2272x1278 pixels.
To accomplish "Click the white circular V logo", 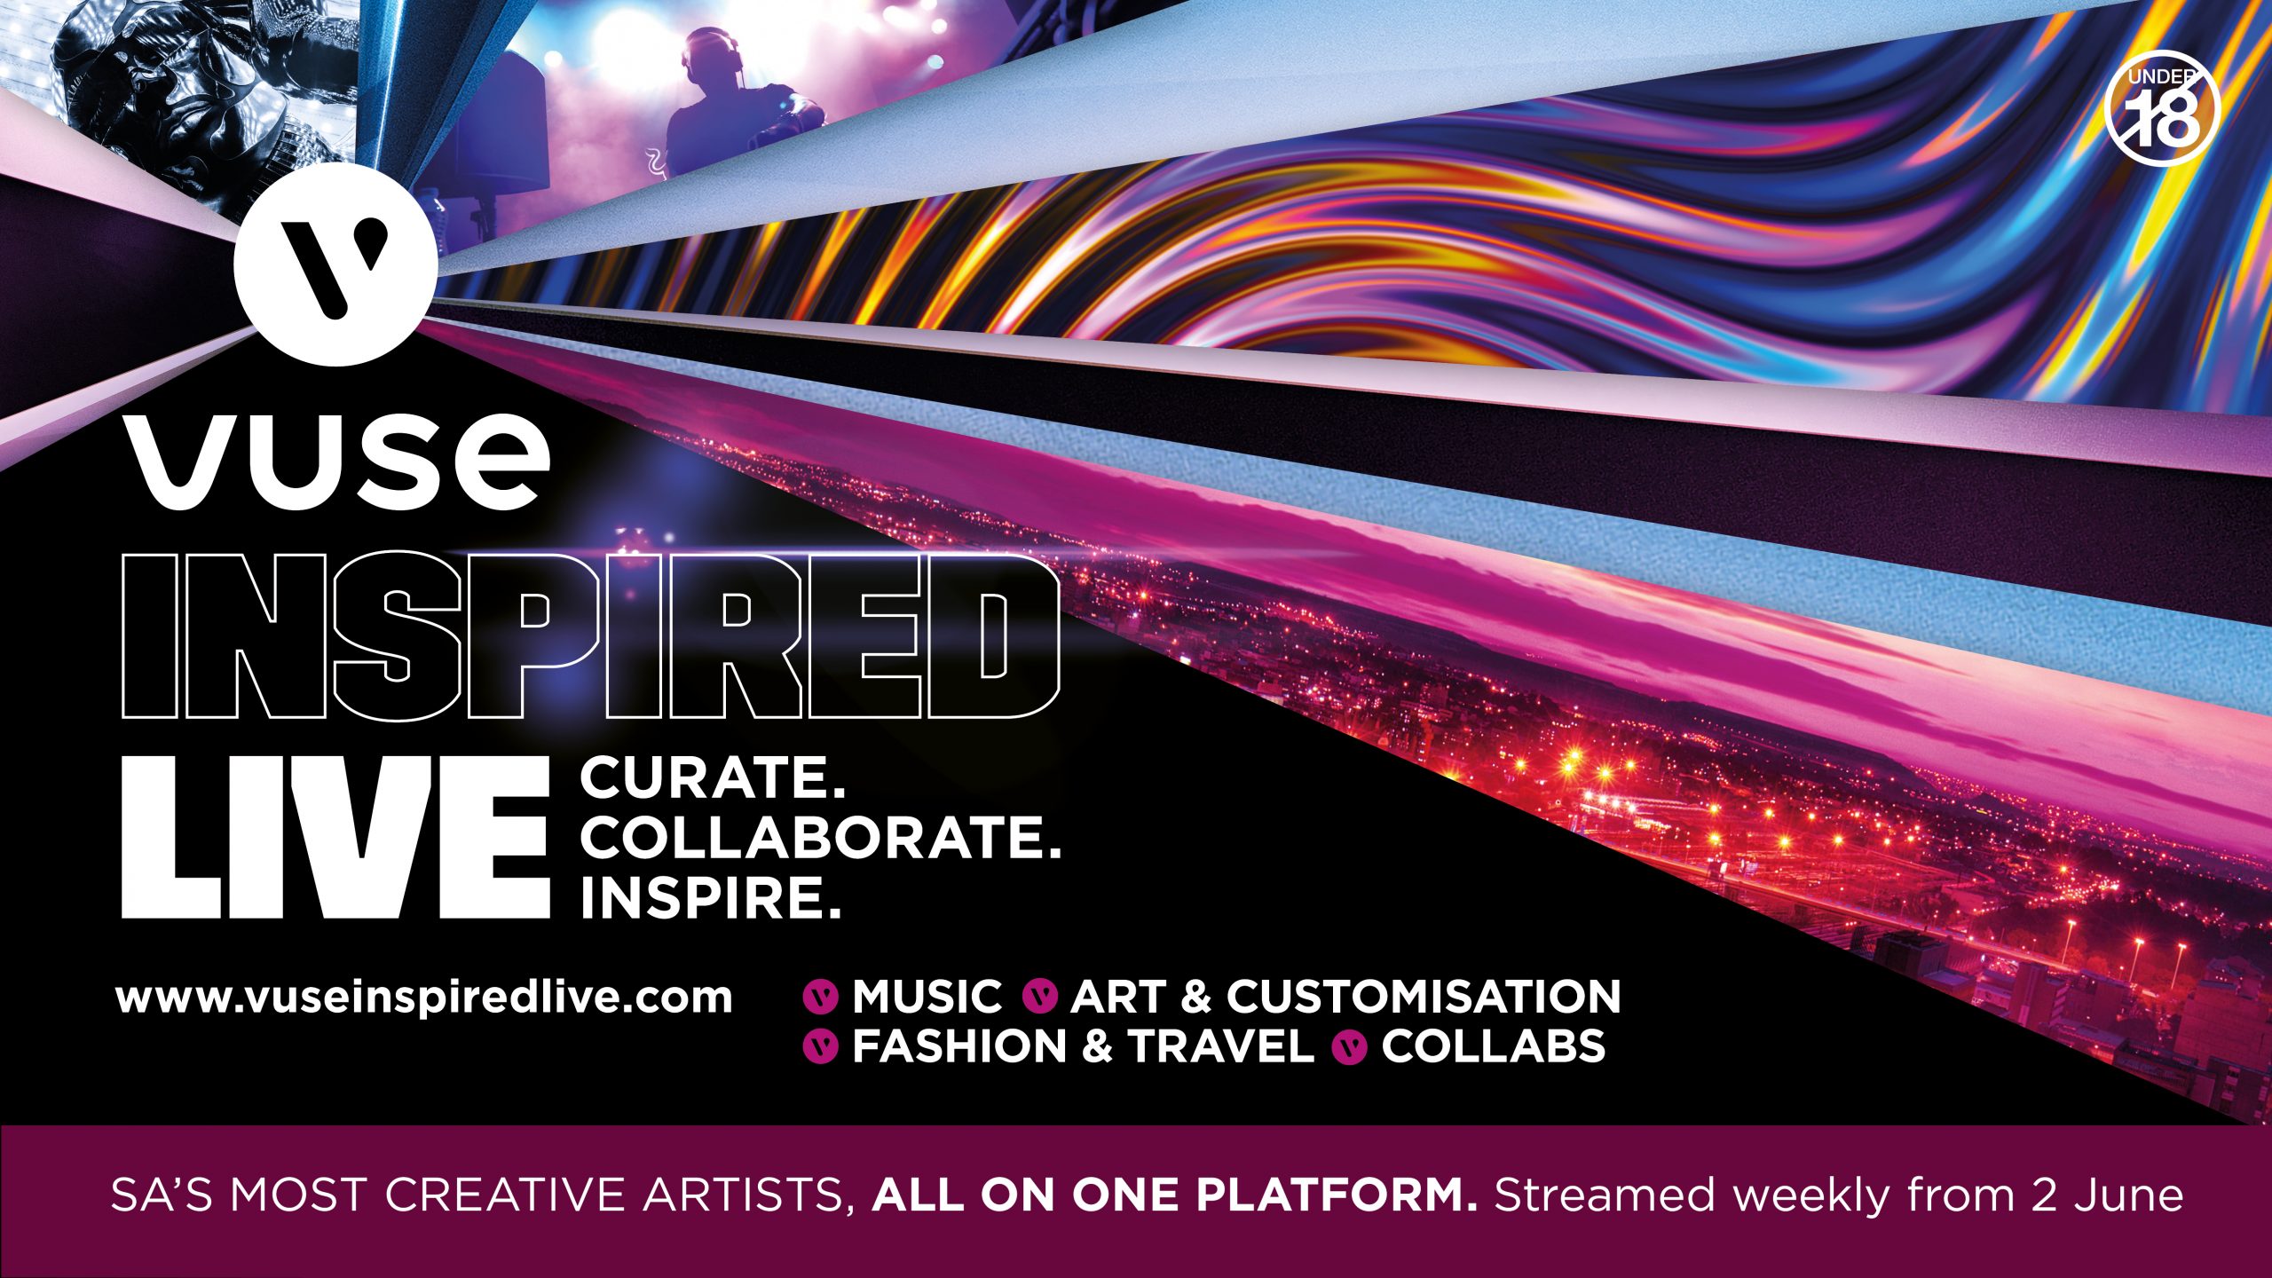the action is (335, 264).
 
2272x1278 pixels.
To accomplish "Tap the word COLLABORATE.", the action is (821, 838).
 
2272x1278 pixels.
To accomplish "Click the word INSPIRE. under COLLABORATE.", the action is (710, 898).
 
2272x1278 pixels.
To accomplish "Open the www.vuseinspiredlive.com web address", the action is (424, 997).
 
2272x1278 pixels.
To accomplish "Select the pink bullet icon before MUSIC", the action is (820, 997).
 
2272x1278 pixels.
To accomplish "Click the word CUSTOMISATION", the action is (1424, 996).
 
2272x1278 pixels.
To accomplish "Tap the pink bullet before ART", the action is (1040, 997).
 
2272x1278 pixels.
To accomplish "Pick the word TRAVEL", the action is (1221, 1046).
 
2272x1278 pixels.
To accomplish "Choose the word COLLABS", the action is (1493, 1046).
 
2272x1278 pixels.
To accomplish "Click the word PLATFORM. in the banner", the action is (1337, 1195).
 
